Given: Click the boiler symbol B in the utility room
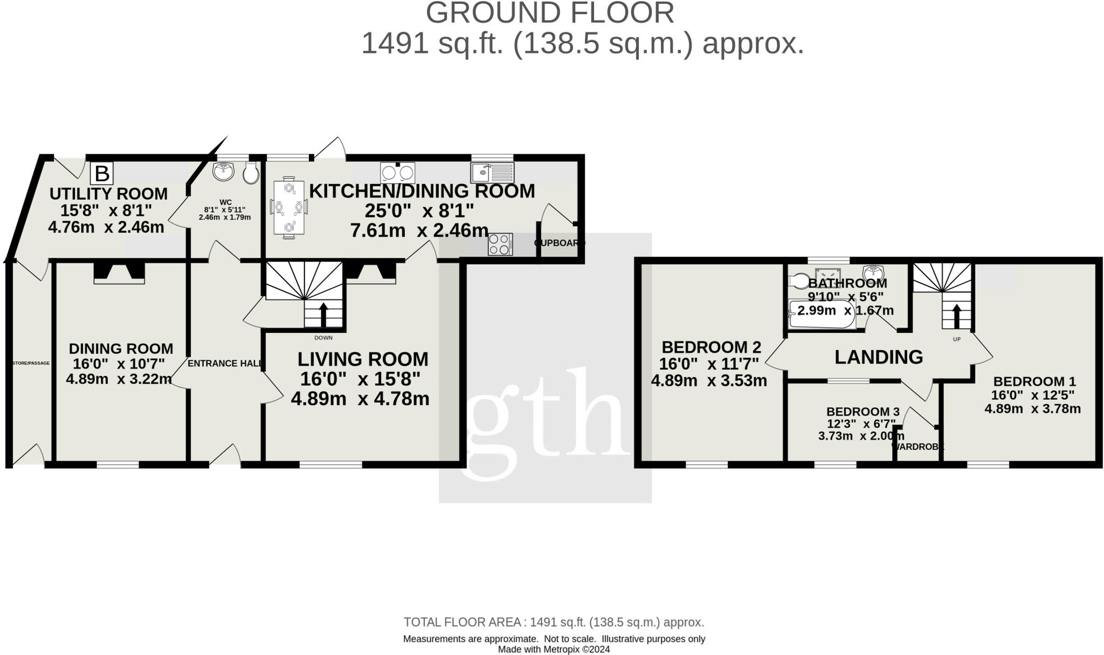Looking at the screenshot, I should pos(102,174).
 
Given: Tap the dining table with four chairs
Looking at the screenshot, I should pos(289,207).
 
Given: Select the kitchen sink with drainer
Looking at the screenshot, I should pos(493,173).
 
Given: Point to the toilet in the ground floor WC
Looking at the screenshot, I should pos(250,173).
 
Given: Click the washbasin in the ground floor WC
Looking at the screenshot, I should pos(224,172).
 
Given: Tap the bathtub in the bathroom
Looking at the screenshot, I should pos(822,315).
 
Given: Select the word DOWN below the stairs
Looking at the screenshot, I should pos(323,338).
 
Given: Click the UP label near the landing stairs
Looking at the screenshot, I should pos(957,339).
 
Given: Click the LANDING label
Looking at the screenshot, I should pos(879,357).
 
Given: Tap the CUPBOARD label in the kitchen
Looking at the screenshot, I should pos(560,243).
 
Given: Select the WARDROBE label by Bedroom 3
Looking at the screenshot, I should pos(918,447).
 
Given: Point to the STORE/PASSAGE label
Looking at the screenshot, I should pos(31,363).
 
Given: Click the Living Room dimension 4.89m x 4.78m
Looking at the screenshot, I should pos(360,399).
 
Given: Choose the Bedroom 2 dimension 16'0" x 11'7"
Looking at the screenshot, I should pos(709,364).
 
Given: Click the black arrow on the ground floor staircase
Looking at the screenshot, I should pos(323,314).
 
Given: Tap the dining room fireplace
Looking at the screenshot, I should pos(119,273).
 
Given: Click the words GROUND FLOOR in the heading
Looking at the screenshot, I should pos(550,13).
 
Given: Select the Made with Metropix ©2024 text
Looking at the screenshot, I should pos(554,650).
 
